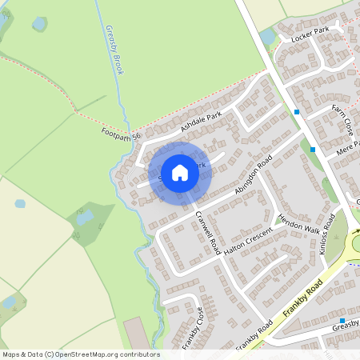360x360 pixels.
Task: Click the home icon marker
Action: pos(180,172)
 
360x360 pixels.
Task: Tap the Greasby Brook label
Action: pos(114,50)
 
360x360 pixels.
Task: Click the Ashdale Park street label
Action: pos(201,122)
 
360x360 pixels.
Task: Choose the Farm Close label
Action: pos(347,119)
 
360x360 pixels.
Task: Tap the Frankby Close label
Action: pos(191,328)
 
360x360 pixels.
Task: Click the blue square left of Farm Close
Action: pos(297,112)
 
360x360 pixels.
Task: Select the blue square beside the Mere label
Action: pos(313,149)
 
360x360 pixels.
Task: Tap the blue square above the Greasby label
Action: pos(342,320)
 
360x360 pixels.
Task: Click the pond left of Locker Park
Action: pos(267,38)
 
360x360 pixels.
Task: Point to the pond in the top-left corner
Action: pos(39,24)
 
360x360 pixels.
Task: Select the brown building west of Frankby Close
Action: pos(136,332)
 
